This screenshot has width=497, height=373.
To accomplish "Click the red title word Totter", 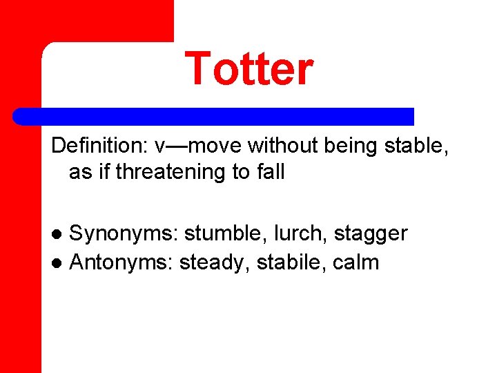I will pos(248,69).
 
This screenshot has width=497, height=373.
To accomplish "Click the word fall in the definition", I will pos(269,172).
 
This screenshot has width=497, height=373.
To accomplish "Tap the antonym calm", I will pos(356,262).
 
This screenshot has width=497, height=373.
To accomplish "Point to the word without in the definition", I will pos(280,146).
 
